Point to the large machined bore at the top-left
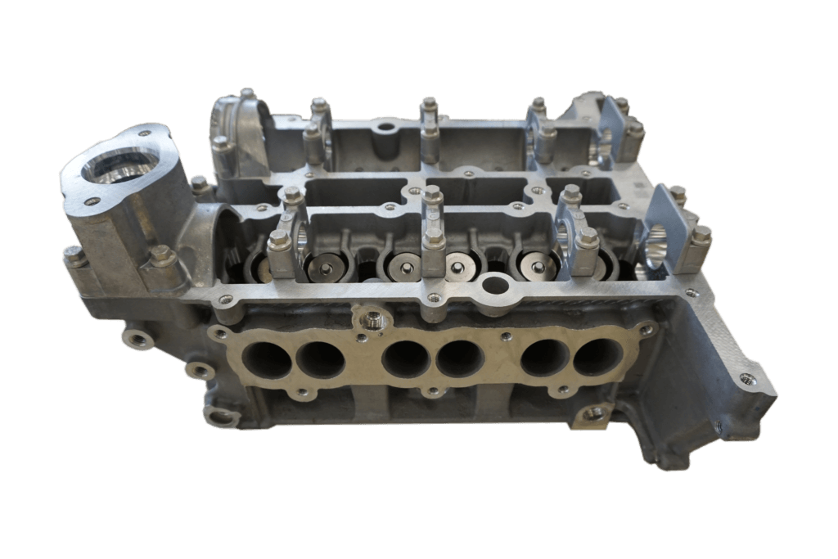point(119,168)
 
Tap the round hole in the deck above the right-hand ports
point(493,286)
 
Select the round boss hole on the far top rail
point(385,128)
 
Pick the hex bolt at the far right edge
point(701,235)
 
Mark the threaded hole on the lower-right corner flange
point(746,378)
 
